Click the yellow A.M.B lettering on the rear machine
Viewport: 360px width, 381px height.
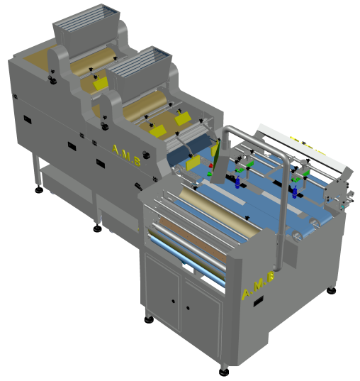(126, 155)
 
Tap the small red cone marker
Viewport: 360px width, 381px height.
(210, 165)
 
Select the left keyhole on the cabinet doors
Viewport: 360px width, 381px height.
(173, 301)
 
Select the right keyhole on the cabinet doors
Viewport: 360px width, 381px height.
(188, 308)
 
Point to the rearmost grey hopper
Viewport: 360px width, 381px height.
(87, 29)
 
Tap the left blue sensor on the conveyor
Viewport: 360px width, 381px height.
(237, 182)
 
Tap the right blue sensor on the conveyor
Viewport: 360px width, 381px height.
(295, 192)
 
